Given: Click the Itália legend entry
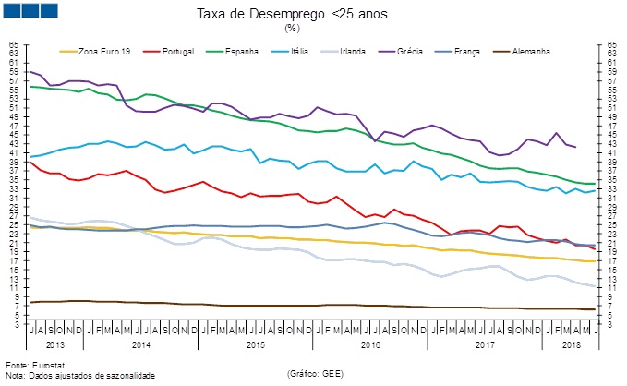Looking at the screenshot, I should point(301,52).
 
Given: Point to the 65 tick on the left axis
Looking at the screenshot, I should point(14,43).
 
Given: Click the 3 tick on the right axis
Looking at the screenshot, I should point(611,324).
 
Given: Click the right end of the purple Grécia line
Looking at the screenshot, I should point(576,147).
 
